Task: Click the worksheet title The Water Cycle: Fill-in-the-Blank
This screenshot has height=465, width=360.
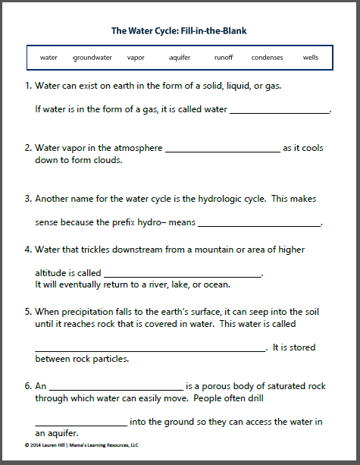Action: tap(179, 31)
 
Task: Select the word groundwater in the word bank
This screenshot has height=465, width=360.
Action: tap(92, 57)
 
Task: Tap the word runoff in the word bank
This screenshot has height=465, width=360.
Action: tap(224, 57)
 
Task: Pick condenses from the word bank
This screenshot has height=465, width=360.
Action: tap(267, 57)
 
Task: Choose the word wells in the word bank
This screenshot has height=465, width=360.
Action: tap(311, 57)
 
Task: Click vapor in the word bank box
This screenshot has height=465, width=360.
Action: tap(136, 57)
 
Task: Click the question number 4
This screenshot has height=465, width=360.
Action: tap(27, 249)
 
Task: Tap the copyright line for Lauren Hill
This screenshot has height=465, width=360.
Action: tap(83, 445)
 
